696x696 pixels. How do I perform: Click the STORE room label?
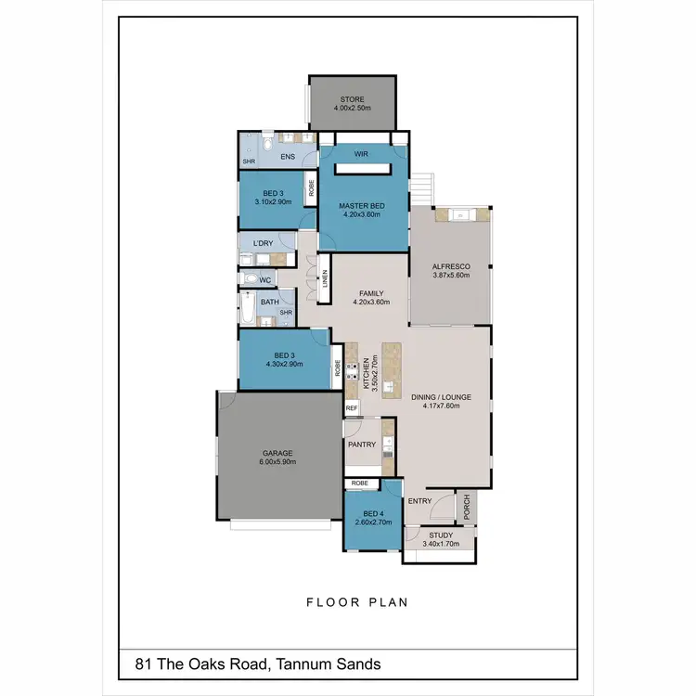352,99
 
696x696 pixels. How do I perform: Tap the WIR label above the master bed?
363,155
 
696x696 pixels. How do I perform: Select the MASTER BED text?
362,206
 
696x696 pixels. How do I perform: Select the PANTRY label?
362,445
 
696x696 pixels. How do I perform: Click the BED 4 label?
373,514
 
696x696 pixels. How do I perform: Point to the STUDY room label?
441,535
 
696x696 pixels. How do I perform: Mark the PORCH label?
467,507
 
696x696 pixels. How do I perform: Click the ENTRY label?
420,502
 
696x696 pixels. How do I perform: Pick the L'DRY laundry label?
263,243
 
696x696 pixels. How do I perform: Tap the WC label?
264,279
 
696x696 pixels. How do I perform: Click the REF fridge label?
352,408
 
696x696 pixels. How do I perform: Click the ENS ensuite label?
288,157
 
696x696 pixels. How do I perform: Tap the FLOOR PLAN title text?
357,602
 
